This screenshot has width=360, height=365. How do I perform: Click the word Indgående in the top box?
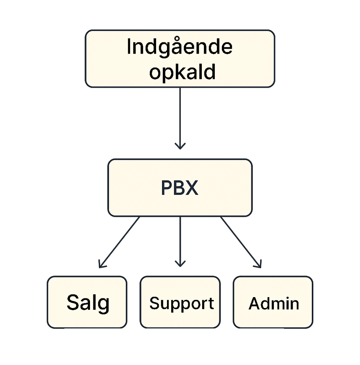[x=180, y=47]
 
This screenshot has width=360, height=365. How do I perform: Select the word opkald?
[x=183, y=72]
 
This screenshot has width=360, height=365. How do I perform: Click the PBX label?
[x=180, y=188]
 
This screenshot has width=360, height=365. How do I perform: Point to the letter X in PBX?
[x=192, y=188]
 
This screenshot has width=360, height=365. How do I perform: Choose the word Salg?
[x=87, y=303]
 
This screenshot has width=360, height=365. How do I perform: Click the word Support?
[x=181, y=303]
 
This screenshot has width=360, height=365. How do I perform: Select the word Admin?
[x=274, y=303]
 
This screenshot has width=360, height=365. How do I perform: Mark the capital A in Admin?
[x=255, y=303]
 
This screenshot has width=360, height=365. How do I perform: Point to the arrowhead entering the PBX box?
[x=180, y=146]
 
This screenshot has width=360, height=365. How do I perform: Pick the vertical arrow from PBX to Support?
[x=180, y=239]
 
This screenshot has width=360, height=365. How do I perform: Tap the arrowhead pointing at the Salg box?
[x=101, y=264]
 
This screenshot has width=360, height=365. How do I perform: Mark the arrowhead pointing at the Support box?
[x=180, y=263]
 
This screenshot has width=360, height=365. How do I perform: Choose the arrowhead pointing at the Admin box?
[x=259, y=264]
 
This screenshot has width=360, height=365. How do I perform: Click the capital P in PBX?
[x=166, y=188]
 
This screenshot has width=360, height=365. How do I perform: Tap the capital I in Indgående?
[x=129, y=47]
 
